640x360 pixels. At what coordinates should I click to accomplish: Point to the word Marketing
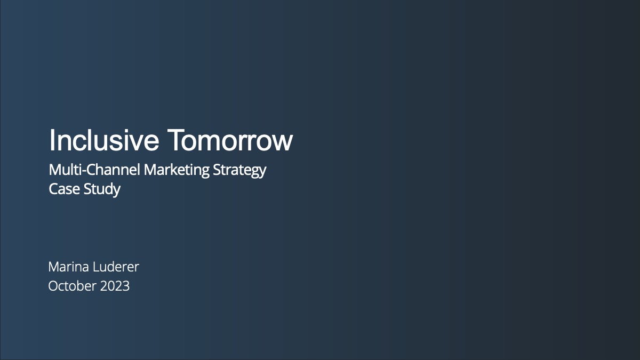pyautogui.click(x=177, y=171)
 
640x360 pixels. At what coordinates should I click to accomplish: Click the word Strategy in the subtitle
pyautogui.click(x=239, y=171)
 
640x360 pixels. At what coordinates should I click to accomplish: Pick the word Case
pyautogui.click(x=65, y=189)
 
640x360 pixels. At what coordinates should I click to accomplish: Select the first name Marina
pyautogui.click(x=69, y=267)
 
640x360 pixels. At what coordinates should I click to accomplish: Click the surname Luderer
pyautogui.click(x=116, y=267)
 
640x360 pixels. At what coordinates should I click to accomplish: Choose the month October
pyautogui.click(x=73, y=286)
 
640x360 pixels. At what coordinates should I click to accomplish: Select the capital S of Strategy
pyautogui.click(x=217, y=170)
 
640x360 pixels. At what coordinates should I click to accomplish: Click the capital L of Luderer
pyautogui.click(x=97, y=267)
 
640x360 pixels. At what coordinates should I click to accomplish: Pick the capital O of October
pyautogui.click(x=54, y=286)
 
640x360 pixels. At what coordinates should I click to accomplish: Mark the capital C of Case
pyautogui.click(x=54, y=189)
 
